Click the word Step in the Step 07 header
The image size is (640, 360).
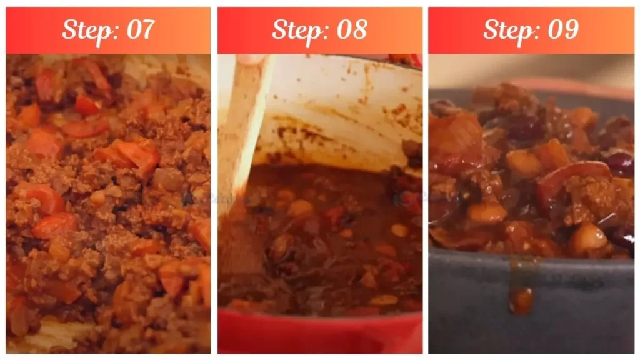(85, 30)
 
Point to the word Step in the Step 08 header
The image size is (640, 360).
(296, 30)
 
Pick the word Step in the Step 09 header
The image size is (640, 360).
(507, 30)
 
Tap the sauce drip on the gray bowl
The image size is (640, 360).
(521, 299)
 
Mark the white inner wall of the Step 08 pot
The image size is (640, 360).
(337, 106)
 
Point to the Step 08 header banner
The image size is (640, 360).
(400, 30)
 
